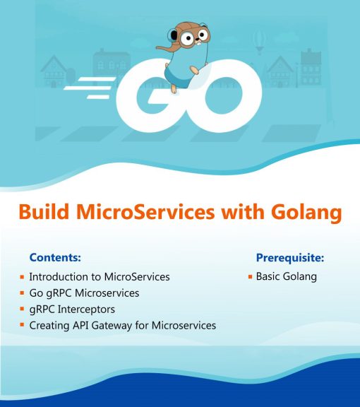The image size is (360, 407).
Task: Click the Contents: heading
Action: point(55,257)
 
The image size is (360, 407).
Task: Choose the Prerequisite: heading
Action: point(289,257)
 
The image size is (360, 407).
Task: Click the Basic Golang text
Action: point(286,276)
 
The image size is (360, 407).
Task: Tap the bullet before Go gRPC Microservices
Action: point(23,293)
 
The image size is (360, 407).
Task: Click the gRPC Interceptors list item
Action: point(71,309)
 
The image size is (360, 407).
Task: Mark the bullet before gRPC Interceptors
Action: point(23,309)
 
